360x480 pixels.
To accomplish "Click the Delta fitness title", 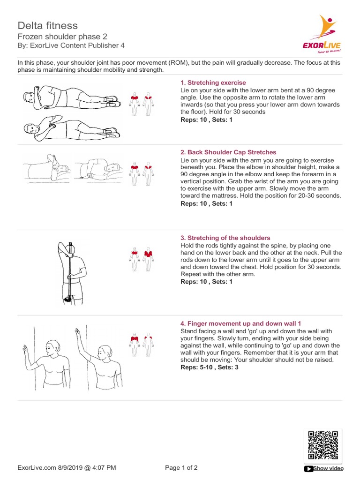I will click(48, 25).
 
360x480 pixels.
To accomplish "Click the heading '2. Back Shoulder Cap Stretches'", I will click(228, 152).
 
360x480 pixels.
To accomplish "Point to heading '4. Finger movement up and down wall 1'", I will click(240, 323).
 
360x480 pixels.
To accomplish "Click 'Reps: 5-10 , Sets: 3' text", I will click(210, 367).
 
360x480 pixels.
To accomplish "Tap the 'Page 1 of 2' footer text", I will click(181, 467).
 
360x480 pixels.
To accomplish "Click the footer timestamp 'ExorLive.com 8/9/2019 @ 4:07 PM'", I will click(67, 467).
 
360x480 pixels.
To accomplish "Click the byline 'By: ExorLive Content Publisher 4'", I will click(71, 45).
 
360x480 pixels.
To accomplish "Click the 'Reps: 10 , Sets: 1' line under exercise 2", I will click(206, 204).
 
